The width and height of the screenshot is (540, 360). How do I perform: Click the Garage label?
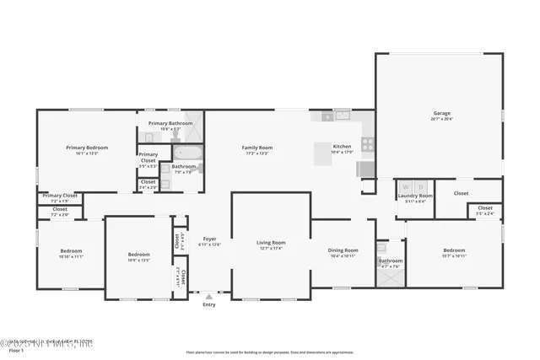[x=442, y=113]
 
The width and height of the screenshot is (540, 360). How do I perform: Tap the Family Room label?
[x=256, y=147]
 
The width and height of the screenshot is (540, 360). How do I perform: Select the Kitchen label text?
[x=342, y=146]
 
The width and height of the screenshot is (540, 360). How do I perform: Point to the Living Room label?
[x=271, y=242]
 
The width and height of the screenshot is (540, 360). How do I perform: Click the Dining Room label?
[x=343, y=250]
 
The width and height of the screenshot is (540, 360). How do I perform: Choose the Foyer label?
[x=209, y=239]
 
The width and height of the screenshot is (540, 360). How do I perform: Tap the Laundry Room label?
[x=414, y=196]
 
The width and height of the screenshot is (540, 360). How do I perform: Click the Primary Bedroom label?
[x=87, y=148]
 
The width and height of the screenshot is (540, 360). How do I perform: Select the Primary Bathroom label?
[x=170, y=123]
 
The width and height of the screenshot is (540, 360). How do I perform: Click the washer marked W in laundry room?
[x=407, y=185]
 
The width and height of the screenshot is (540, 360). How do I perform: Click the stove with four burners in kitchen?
[x=368, y=144]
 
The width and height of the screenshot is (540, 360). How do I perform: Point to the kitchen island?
[x=323, y=153]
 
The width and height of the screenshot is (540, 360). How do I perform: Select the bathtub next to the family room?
[x=187, y=153]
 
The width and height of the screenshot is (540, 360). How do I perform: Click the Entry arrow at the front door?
[x=209, y=296]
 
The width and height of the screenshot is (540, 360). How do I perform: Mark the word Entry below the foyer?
[x=209, y=304]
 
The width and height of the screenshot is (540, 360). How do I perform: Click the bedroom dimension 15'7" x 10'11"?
[x=454, y=255]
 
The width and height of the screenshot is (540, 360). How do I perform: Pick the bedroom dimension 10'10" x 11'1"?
[x=71, y=256]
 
